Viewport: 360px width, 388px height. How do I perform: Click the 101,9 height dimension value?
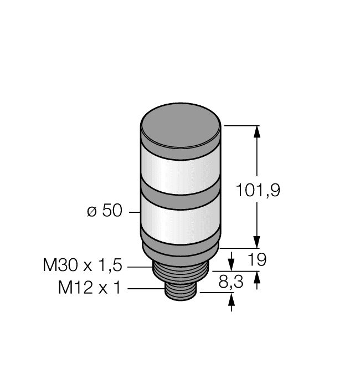point(258,191)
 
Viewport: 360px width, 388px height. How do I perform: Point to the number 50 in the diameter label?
point(111,212)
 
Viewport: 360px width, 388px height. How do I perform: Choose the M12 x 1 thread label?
point(89,288)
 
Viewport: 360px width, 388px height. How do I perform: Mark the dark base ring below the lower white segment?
point(181,248)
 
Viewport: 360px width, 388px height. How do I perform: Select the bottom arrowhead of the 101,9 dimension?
point(256,242)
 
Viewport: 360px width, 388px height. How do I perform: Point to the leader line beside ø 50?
point(134,212)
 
